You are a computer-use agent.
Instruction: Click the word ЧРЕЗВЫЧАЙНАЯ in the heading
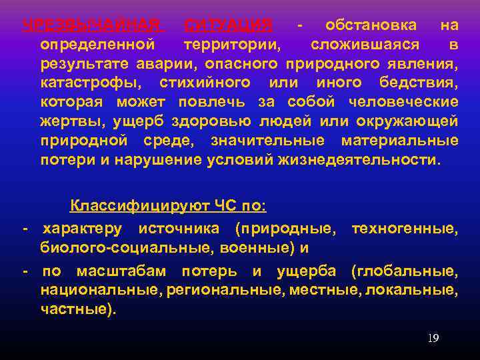pos(93,25)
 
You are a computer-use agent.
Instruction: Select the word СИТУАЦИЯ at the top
pos(227,25)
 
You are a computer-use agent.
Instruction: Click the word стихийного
pos(205,83)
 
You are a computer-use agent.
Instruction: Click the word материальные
pos(399,141)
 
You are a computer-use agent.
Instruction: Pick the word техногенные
pos(404,229)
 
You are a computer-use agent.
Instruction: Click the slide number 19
pos(433,339)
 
